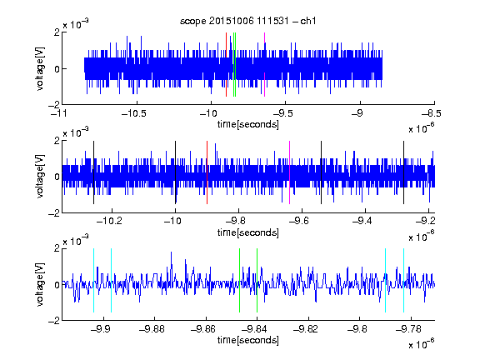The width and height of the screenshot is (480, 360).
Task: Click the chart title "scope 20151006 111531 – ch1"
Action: coord(248,21)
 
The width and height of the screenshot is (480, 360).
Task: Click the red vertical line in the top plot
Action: coord(226,65)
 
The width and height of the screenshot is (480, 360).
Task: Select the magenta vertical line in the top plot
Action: coord(264,65)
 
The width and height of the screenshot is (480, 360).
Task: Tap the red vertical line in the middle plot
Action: coord(207,172)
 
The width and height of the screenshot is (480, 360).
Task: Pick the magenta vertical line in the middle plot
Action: coord(290,172)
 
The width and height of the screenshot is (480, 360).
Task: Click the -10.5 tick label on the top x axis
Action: coord(134,113)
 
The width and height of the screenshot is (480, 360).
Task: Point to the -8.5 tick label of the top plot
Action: coord(432,113)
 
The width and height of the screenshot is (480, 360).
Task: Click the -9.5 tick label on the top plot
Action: coord(282,113)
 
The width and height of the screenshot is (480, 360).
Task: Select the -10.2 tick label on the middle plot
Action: coord(109,221)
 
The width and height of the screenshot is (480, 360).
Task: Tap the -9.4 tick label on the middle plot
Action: coord(362,221)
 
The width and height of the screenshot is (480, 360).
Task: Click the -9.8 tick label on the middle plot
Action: coord(236,221)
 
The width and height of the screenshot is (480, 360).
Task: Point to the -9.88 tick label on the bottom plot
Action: coord(152,329)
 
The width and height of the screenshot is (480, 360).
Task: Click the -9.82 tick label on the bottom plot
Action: coord(306,329)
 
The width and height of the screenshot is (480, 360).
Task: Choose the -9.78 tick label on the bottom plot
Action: coord(408,329)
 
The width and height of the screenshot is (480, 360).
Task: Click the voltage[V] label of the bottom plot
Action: coord(40,284)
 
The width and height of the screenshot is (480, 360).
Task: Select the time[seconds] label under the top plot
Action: coord(248,124)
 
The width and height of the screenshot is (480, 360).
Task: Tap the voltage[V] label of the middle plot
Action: coord(40,177)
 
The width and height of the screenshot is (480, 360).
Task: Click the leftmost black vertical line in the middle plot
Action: coord(93,172)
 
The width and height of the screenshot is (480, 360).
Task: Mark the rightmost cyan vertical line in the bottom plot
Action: coord(404,280)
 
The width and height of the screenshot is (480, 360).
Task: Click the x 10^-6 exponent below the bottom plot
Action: coord(422,345)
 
